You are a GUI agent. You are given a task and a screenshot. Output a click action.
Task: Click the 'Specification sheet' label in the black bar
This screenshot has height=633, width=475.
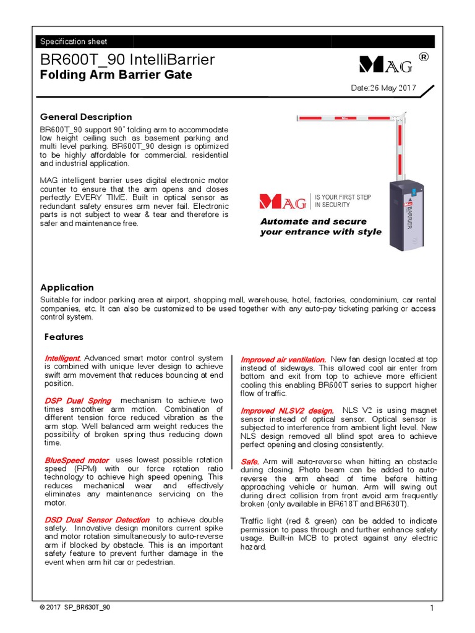click(74, 41)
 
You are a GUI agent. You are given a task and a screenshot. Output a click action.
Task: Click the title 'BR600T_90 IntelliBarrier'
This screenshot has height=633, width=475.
click(127, 60)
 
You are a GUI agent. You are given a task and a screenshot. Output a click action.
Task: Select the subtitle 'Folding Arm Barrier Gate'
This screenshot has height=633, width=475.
click(116, 75)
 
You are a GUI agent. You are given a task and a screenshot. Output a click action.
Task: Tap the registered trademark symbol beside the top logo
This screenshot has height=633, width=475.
click(424, 57)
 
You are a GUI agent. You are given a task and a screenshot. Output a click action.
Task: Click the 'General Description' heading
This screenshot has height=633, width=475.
click(86, 117)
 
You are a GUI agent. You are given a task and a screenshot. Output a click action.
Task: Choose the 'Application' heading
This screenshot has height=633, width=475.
click(67, 287)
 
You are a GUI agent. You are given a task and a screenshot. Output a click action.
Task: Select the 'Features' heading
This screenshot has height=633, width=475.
click(64, 337)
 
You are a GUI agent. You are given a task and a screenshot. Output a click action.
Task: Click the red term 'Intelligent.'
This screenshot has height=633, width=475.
click(62, 359)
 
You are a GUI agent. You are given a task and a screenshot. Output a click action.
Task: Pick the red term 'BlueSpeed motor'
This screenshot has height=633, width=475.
click(77, 461)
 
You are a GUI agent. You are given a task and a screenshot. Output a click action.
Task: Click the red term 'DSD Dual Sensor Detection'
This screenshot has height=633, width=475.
click(97, 520)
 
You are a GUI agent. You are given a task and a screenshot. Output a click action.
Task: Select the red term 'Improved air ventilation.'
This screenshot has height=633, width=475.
click(283, 359)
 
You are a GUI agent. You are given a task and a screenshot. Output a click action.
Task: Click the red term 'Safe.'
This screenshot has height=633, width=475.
click(250, 462)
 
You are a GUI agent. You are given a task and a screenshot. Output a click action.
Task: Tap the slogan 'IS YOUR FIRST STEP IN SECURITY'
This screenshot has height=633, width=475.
click(343, 201)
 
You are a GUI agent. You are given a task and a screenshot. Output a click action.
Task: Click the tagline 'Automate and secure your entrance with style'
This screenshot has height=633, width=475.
click(320, 227)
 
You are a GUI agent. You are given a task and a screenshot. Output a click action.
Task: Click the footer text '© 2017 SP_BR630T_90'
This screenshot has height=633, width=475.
click(75, 607)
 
